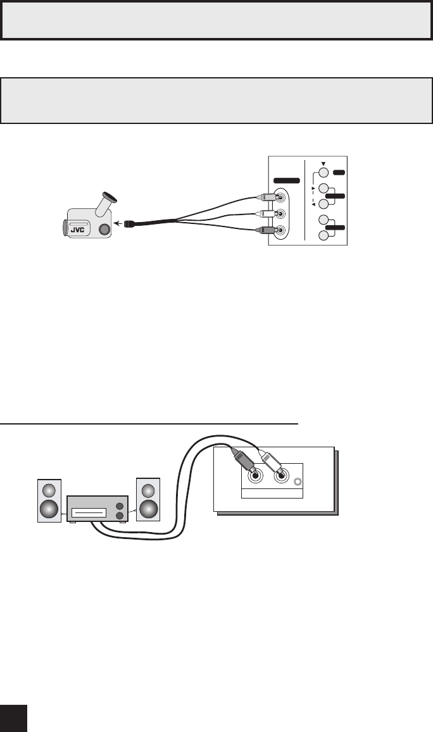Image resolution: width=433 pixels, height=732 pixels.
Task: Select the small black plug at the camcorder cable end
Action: click(x=128, y=223)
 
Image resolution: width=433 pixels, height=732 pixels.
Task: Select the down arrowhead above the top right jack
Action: click(x=323, y=163)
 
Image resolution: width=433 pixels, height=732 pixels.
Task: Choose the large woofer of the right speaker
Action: click(x=149, y=509)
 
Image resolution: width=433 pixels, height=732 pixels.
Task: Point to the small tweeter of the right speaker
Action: click(x=149, y=490)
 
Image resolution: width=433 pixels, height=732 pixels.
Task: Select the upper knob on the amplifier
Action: click(x=120, y=506)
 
